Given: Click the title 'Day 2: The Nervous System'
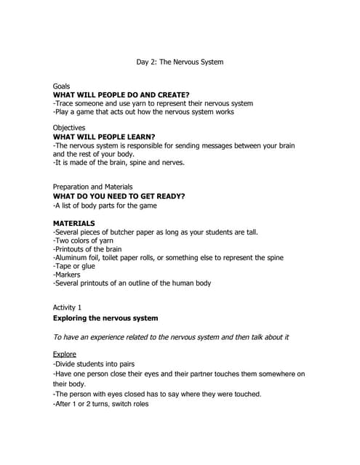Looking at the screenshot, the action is (x=180, y=62).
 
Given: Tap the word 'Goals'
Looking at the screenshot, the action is (x=63, y=86).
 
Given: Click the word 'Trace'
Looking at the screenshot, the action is (x=65, y=103).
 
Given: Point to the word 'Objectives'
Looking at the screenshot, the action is (x=70, y=127).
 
